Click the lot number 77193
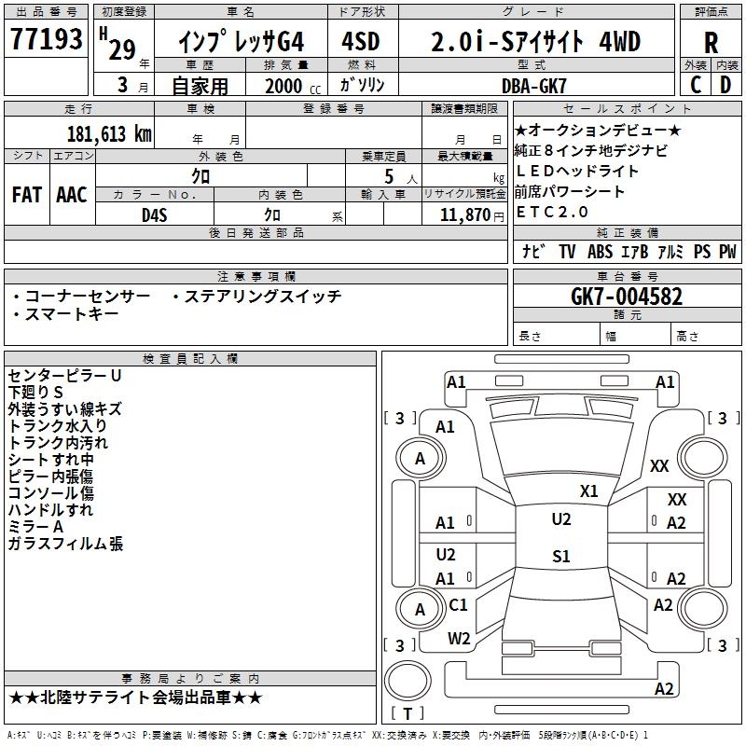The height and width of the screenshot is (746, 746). point(46,38)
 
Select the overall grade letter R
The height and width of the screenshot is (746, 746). point(711,43)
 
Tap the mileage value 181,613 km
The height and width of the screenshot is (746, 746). point(109,134)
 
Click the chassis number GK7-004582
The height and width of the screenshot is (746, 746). point(626,297)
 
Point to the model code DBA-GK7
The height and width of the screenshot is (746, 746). point(533,86)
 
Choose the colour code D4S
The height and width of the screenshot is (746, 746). point(154,215)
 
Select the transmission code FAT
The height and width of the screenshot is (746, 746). point(27,195)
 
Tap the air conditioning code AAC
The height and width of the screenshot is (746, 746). point(72,195)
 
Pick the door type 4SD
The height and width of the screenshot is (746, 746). point(361,41)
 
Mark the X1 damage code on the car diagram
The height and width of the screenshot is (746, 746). point(588,491)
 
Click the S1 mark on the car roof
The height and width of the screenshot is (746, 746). point(561,556)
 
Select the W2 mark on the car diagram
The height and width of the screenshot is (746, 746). point(459,639)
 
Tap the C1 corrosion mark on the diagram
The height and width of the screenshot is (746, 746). point(458,604)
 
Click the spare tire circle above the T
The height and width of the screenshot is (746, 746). point(408,681)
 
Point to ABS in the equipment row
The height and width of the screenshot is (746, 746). point(600,252)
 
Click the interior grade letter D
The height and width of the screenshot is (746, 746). point(725,85)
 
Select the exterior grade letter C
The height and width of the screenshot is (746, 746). point(696,85)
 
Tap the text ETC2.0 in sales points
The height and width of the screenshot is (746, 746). point(552,212)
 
